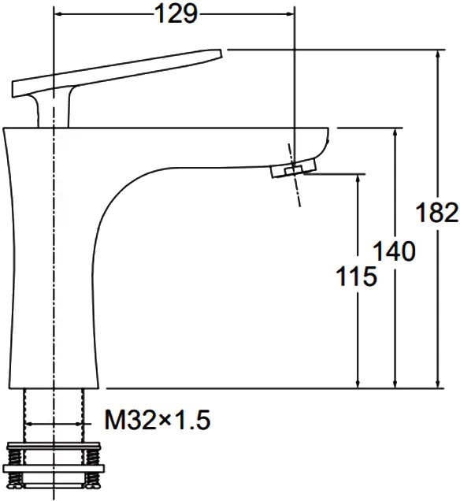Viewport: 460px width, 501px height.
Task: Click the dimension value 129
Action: (176, 14)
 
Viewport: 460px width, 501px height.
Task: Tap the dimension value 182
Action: (437, 213)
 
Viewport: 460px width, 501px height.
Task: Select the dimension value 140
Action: (394, 250)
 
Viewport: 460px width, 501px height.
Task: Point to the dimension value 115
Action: (357, 276)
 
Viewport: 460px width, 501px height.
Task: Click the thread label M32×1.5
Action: (158, 420)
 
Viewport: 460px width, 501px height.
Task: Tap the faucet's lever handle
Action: (117, 72)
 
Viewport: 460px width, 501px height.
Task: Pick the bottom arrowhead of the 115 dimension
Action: (358, 383)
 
